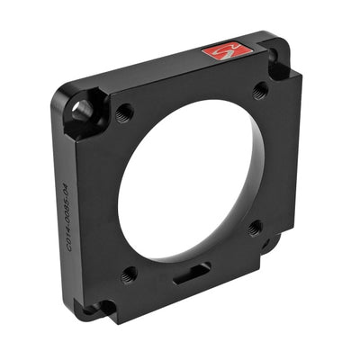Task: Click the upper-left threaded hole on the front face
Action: click(x=125, y=112)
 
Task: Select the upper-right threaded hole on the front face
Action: click(x=260, y=90)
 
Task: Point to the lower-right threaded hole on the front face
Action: click(x=255, y=228)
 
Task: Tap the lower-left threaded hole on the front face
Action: click(x=130, y=274)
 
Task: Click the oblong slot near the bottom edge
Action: click(x=190, y=274)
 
